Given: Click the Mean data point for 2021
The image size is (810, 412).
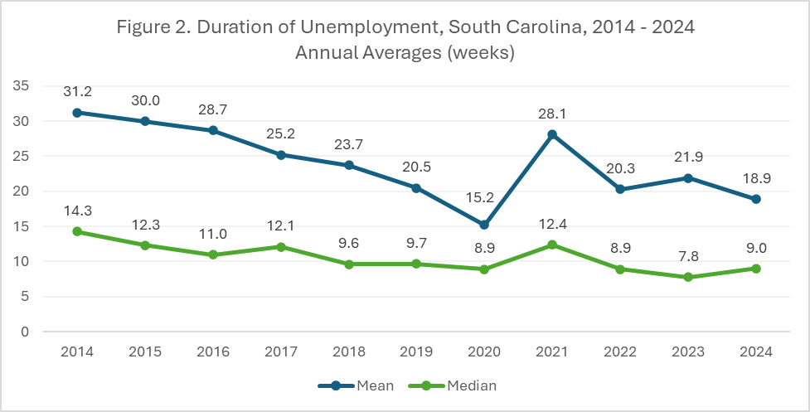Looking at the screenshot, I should [551, 134].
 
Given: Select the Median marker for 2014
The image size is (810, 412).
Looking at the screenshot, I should [77, 231].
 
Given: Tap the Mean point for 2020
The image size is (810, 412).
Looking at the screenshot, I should [484, 225].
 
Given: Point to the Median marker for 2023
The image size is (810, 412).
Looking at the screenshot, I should [687, 277].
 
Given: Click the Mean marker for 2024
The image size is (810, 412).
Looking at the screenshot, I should [756, 199].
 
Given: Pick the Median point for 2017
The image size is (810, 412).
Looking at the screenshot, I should [280, 246].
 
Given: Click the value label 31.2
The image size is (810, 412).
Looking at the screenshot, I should [77, 91].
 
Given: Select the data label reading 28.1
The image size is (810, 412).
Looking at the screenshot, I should [551, 114].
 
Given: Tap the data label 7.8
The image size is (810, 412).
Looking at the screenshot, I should [687, 256].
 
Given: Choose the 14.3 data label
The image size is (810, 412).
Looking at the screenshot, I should [77, 211].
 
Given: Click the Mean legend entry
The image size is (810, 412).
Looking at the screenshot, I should [355, 385].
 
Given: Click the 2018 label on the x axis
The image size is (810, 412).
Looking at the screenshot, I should [348, 351].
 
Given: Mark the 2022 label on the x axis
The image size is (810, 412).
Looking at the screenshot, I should [619, 351].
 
